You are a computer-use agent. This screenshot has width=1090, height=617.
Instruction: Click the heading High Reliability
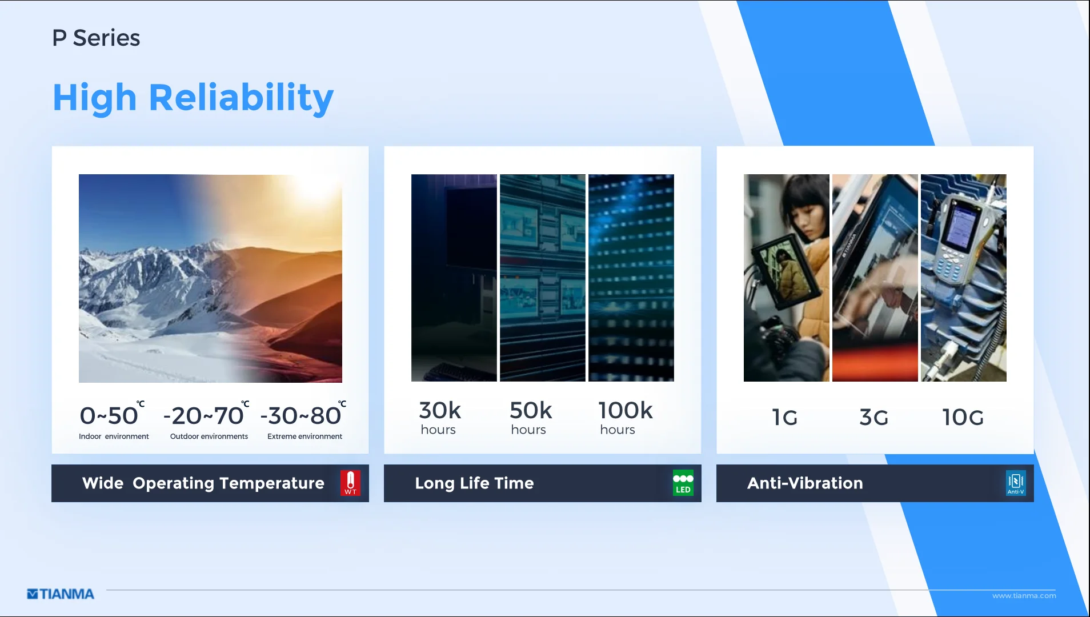point(193,98)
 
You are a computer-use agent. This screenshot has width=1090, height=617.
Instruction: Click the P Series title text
point(96,38)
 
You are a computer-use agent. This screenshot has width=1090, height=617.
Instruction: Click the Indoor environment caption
point(114,436)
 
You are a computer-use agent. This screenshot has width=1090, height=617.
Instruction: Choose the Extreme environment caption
point(304,436)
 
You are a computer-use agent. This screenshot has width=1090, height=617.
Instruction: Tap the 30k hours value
point(439,418)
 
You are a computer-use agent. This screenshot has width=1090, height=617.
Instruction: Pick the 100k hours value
point(625,418)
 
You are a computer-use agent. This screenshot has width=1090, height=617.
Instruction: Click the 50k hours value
point(531,418)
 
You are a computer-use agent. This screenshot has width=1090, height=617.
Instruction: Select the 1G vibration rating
point(785,418)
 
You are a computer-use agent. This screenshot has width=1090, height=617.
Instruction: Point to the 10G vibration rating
point(963,418)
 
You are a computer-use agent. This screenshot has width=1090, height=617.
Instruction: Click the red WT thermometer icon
point(350,483)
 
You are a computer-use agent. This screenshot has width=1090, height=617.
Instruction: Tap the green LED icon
point(683,483)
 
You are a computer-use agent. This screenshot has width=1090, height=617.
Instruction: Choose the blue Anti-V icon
point(1016,483)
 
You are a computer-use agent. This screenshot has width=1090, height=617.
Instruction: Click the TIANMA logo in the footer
point(61,594)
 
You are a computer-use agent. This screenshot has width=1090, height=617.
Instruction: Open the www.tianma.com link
point(1024,596)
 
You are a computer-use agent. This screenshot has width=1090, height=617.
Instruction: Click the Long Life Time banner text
point(474,483)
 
